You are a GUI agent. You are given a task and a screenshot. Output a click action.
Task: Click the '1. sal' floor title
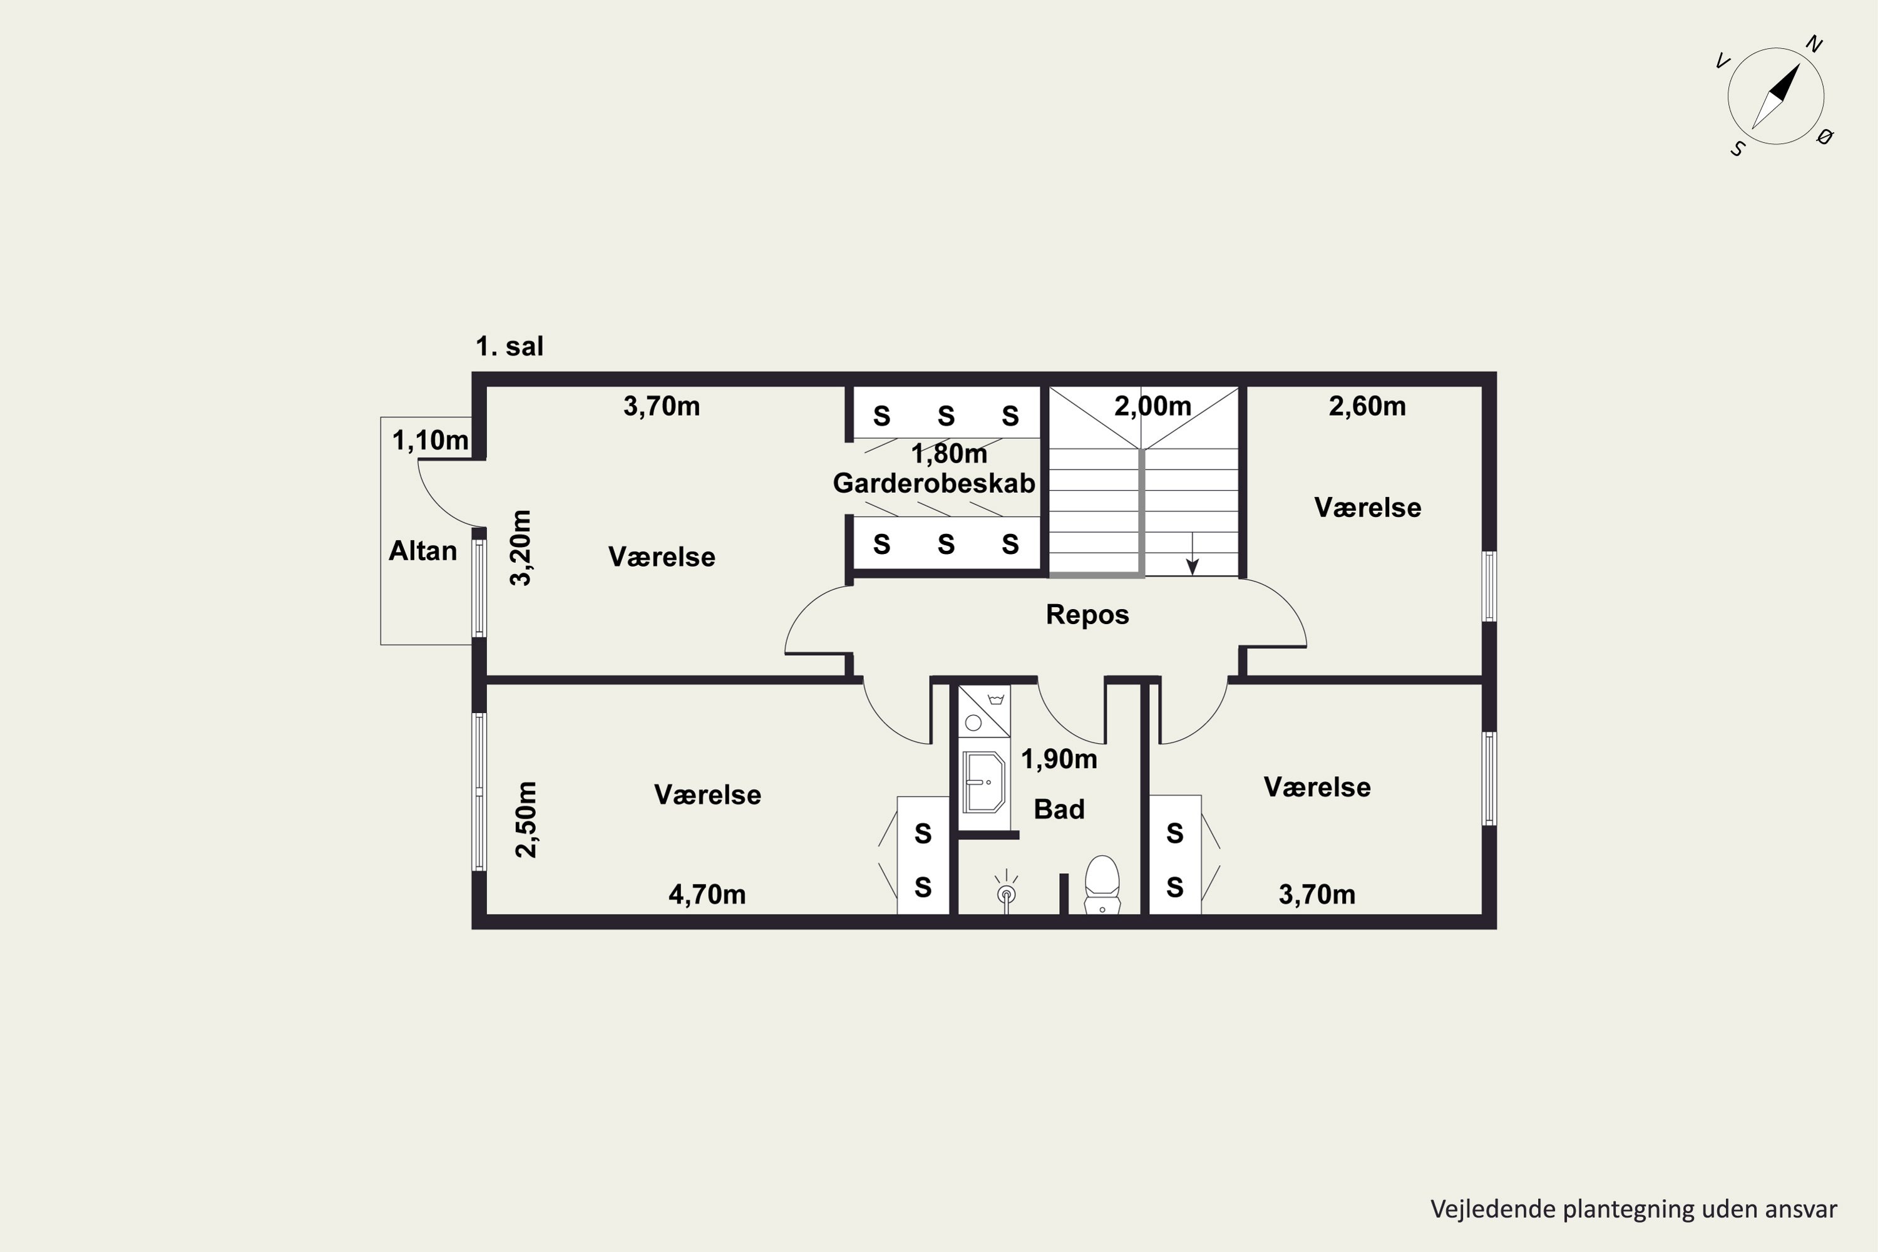(x=510, y=347)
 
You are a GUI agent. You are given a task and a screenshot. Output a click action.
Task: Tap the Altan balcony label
(x=423, y=551)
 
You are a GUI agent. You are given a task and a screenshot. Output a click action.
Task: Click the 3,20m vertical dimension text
(x=521, y=548)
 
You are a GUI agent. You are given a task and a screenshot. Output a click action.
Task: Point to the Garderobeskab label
(x=933, y=483)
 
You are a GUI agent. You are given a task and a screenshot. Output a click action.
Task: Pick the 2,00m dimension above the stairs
(x=1152, y=406)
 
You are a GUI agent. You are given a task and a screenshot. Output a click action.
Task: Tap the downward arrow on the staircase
(x=1192, y=553)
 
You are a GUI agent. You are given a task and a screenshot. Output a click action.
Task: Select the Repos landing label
(x=1087, y=615)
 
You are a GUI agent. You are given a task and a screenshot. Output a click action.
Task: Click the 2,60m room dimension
(x=1367, y=406)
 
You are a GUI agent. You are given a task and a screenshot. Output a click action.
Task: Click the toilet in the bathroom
(x=1102, y=885)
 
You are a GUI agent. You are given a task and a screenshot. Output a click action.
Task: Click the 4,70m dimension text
(x=707, y=895)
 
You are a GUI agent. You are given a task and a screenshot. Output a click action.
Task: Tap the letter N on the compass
(x=1814, y=44)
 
